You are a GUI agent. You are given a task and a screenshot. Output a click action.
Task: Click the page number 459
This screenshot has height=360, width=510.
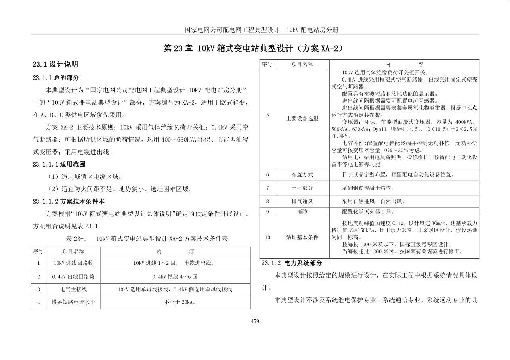pos(255,321)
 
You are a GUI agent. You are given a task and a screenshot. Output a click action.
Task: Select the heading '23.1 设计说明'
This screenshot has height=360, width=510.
pos(55,64)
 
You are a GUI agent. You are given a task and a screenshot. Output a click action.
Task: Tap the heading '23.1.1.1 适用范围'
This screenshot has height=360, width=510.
pos(59,164)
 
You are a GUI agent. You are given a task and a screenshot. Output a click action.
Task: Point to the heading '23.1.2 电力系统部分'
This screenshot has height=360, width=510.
pos(292,263)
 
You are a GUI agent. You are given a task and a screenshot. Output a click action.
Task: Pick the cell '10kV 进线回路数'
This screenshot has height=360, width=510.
pos(73,263)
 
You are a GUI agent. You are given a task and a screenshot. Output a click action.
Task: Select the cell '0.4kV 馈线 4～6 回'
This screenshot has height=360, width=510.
pos(175,276)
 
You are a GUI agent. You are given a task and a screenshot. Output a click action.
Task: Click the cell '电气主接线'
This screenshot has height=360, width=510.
pos(73,289)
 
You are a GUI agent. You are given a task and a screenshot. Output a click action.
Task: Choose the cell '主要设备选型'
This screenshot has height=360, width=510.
pos(302,118)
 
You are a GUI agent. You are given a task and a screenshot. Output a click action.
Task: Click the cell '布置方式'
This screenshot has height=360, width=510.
pos(302,175)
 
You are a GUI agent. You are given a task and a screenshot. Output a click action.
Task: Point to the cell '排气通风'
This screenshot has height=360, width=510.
pos(302,201)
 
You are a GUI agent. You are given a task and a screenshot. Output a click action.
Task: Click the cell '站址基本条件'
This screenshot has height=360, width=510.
pos(302,237)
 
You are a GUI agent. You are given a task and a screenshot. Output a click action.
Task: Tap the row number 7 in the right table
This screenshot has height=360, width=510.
pos(267,188)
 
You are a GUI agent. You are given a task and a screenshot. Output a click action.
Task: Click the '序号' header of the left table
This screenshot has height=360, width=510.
pos(38,251)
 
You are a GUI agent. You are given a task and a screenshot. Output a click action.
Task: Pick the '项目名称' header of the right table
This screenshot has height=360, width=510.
pos(302,64)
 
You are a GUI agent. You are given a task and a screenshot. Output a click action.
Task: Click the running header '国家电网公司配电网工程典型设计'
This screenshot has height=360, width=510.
pos(232,30)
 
